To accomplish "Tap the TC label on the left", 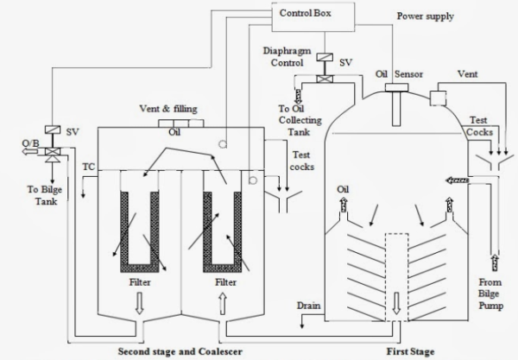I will click(x=88, y=165).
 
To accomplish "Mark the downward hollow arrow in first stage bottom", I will click(x=396, y=303).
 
